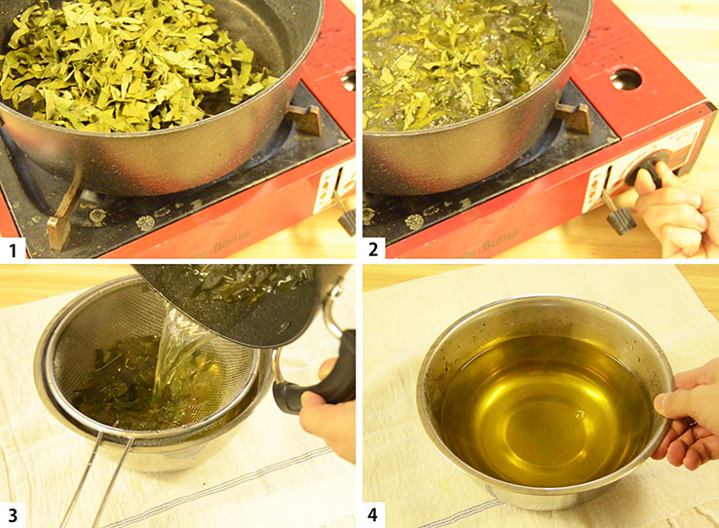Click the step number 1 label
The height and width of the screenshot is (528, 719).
pos(14,249)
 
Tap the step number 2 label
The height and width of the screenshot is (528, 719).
pos(374,249)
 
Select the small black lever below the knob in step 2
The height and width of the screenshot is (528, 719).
pos(618,216)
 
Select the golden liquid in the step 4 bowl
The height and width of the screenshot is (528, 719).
pos(546,399)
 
